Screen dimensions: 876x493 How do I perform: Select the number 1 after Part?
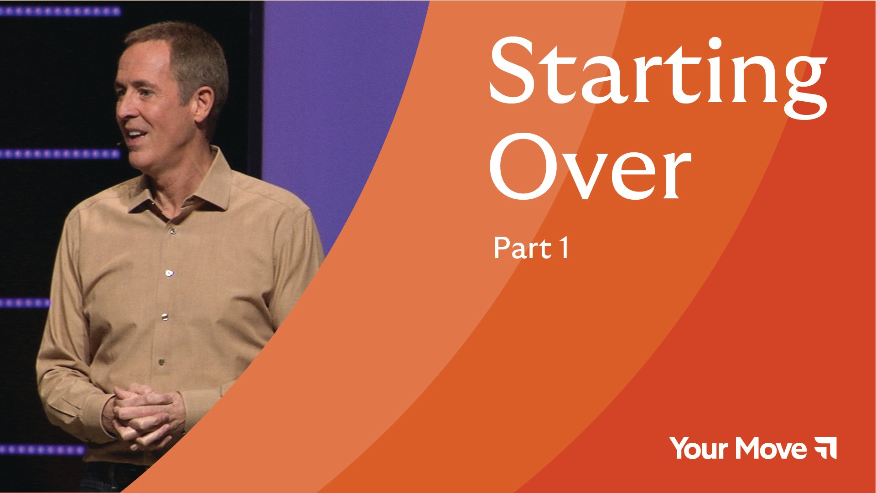[x=565, y=249]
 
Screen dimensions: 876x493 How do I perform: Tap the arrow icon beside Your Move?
[x=825, y=448]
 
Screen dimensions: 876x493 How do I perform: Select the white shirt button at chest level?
[x=169, y=273]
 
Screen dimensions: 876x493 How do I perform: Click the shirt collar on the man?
[x=182, y=187]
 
